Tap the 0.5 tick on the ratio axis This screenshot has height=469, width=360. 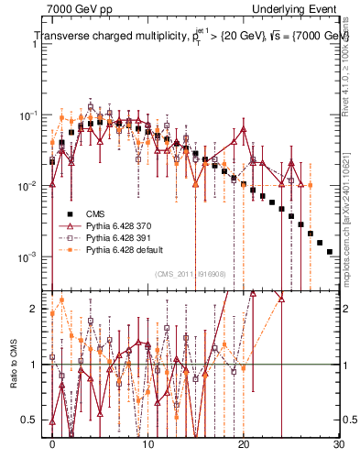33,420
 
